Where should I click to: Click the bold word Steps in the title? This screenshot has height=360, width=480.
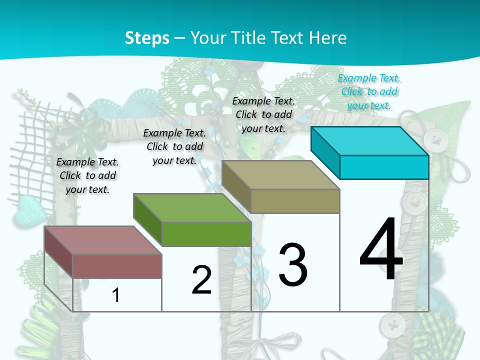coord(147,38)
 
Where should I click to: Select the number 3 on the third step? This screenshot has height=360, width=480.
coord(293,265)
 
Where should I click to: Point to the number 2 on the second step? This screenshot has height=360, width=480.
coord(201,280)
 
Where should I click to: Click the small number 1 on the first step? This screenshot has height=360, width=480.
coord(116,295)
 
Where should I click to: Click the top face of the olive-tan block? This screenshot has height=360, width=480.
coord(280,175)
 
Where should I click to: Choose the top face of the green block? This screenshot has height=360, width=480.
coord(192,207)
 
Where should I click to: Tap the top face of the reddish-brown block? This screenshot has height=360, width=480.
coord(103,240)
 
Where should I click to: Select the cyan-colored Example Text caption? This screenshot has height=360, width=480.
coord(369,91)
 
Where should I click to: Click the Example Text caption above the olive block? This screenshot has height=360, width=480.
coord(263,114)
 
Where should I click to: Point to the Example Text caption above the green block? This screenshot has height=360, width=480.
coord(174,146)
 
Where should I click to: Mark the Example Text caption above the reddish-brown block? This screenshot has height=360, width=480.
coord(87,175)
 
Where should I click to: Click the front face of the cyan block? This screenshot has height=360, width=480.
coord(384,167)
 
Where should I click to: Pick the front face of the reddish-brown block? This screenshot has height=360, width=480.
coord(117,266)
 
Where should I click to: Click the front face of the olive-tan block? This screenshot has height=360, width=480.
coord(295,201)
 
